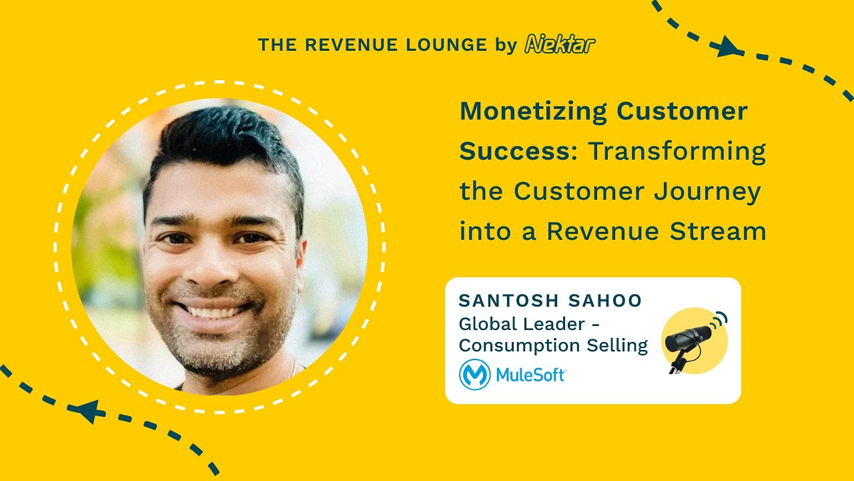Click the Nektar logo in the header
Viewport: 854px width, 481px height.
[x=560, y=44]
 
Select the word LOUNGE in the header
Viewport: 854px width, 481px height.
[x=446, y=45]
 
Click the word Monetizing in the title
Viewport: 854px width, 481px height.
[x=533, y=112]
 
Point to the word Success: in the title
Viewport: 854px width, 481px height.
[x=519, y=151]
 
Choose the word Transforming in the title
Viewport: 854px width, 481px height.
[x=677, y=152]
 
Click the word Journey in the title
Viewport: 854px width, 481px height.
[x=707, y=192]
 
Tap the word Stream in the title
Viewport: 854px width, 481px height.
[x=718, y=231]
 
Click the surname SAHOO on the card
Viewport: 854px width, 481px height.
[x=605, y=301]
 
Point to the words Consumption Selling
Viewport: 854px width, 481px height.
[x=553, y=346]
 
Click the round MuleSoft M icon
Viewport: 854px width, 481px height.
[x=474, y=375]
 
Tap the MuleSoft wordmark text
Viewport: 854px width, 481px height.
[x=530, y=375]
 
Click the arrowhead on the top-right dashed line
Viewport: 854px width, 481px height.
[x=729, y=47]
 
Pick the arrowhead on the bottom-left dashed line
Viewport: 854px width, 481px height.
[x=90, y=412]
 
